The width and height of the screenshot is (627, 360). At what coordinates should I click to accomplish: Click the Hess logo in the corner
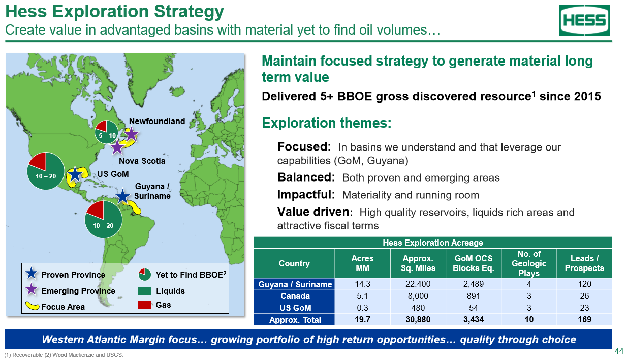click(584, 20)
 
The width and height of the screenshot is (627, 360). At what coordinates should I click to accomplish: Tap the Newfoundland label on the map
click(156, 121)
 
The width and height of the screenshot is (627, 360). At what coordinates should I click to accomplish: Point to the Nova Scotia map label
click(142, 161)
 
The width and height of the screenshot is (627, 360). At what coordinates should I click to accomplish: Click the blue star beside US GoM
click(75, 174)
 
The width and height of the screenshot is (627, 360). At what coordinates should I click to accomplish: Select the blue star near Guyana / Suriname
click(122, 196)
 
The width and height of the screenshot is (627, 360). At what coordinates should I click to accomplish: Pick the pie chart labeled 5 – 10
click(106, 132)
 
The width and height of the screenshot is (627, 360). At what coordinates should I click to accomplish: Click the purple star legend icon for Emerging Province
click(32, 289)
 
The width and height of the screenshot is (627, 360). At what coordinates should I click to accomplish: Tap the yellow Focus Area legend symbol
click(32, 306)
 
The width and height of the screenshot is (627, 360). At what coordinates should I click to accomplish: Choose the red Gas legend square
click(145, 305)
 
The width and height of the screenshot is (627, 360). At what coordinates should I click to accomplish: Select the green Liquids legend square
click(145, 291)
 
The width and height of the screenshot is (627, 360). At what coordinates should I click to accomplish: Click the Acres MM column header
click(362, 263)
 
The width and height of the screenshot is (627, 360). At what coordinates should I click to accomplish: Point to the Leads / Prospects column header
click(584, 263)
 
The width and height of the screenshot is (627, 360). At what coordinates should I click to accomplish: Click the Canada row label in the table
click(295, 296)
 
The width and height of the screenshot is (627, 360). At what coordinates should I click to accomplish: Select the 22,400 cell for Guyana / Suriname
click(418, 284)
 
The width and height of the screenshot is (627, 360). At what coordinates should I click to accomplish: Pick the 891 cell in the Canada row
click(474, 296)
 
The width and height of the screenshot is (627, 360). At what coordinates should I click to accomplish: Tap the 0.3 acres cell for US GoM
click(362, 308)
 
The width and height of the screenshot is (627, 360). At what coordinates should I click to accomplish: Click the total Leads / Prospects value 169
click(584, 320)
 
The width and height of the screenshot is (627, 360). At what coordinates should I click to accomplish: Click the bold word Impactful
click(306, 194)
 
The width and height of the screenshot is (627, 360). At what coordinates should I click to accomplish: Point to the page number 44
click(619, 351)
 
